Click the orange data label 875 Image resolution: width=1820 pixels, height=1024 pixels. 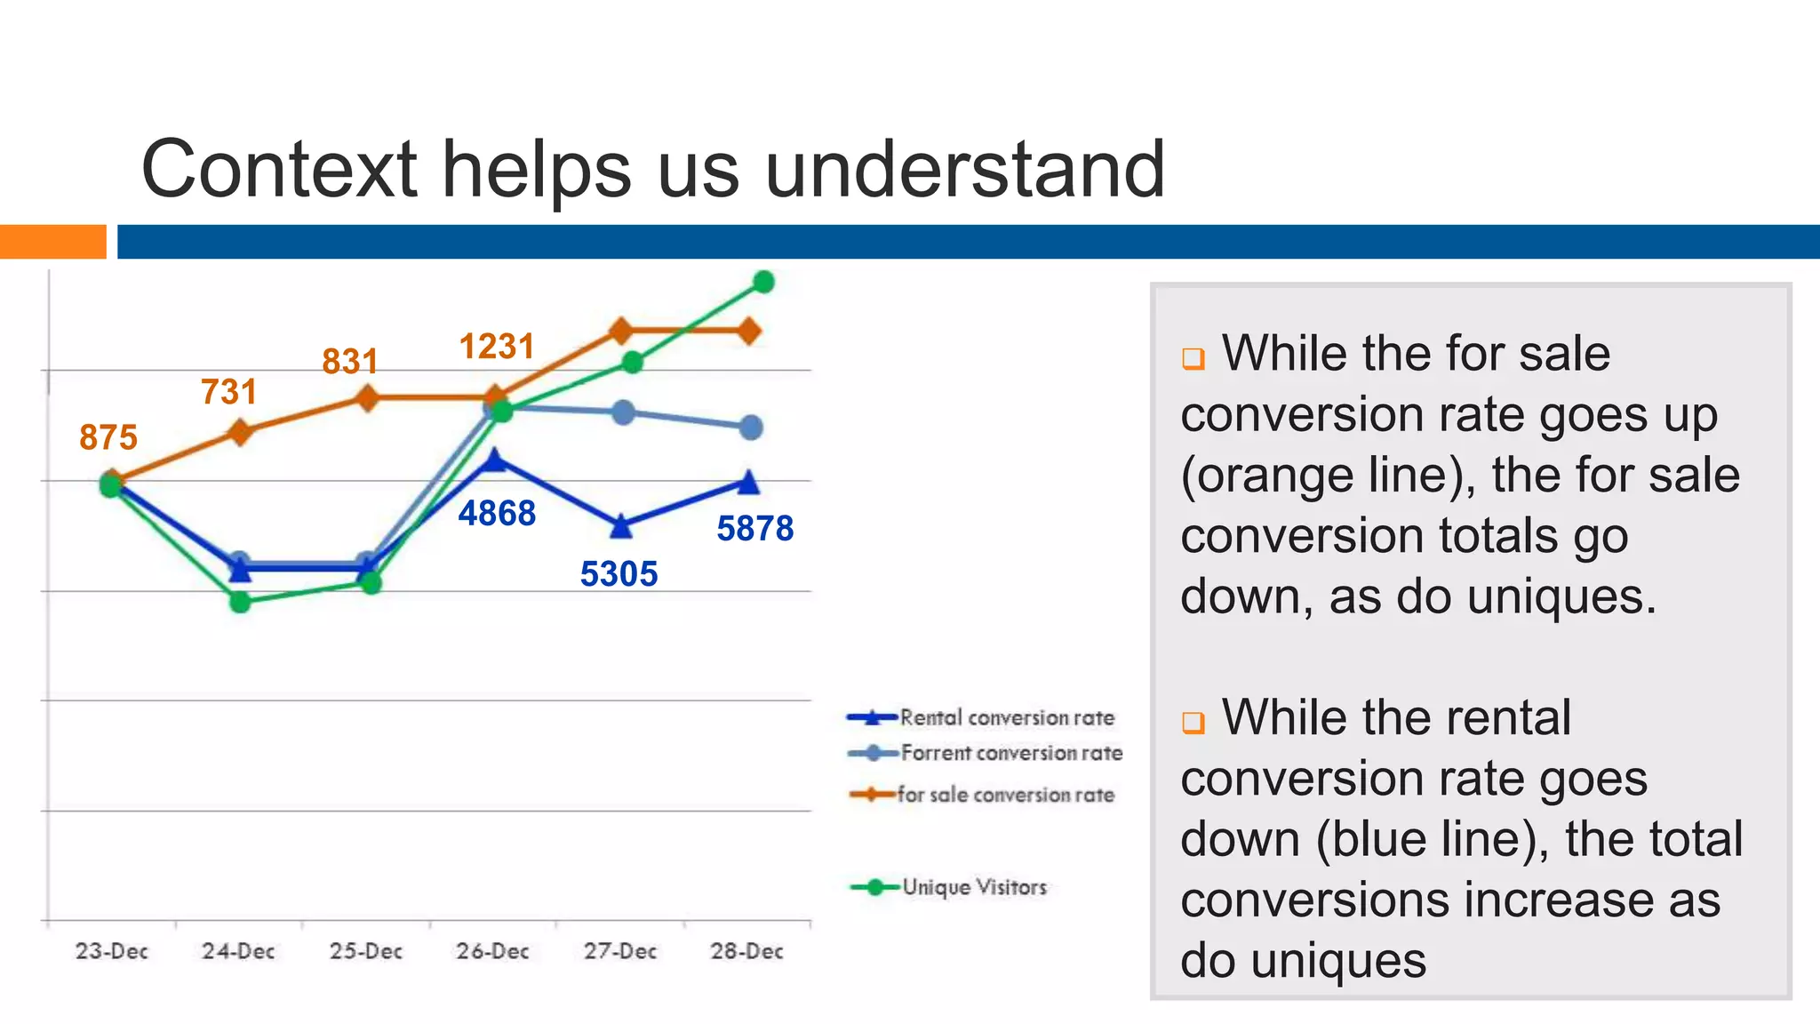pyautogui.click(x=108, y=437)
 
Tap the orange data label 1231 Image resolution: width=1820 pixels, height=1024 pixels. pyautogui.click(x=497, y=347)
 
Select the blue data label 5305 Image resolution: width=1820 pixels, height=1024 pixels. pyautogui.click(x=619, y=574)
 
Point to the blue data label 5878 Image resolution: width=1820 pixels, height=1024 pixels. pyautogui.click(x=754, y=529)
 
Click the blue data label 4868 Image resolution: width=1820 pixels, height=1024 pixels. pyautogui.click(x=497, y=514)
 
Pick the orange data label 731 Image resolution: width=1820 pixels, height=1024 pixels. pyautogui.click(x=228, y=392)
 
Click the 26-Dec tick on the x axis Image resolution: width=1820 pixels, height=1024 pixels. pyautogui.click(x=492, y=951)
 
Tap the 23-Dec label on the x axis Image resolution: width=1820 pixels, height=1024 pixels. pyautogui.click(x=111, y=951)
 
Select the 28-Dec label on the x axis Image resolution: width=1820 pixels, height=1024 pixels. pyautogui.click(x=746, y=951)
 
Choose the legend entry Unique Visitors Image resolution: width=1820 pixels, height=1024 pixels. pyautogui.click(x=974, y=887)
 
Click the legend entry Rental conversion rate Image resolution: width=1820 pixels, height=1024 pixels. pyautogui.click(x=1006, y=717)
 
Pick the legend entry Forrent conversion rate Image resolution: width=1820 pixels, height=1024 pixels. pyautogui.click(x=1011, y=753)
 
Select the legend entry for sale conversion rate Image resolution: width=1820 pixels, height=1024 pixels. pyautogui.click(x=1005, y=795)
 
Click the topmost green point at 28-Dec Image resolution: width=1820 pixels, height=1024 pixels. pyautogui.click(x=763, y=282)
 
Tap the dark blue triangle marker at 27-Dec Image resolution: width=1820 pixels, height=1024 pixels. pyautogui.click(x=621, y=526)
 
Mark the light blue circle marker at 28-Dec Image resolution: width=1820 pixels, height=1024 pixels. pyautogui.click(x=751, y=428)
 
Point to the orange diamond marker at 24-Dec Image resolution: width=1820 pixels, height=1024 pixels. pyautogui.click(x=240, y=433)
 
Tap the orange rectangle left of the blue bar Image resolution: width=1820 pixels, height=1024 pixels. pyautogui.click(x=52, y=242)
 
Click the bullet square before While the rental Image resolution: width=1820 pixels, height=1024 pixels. pyautogui.click(x=1193, y=722)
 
